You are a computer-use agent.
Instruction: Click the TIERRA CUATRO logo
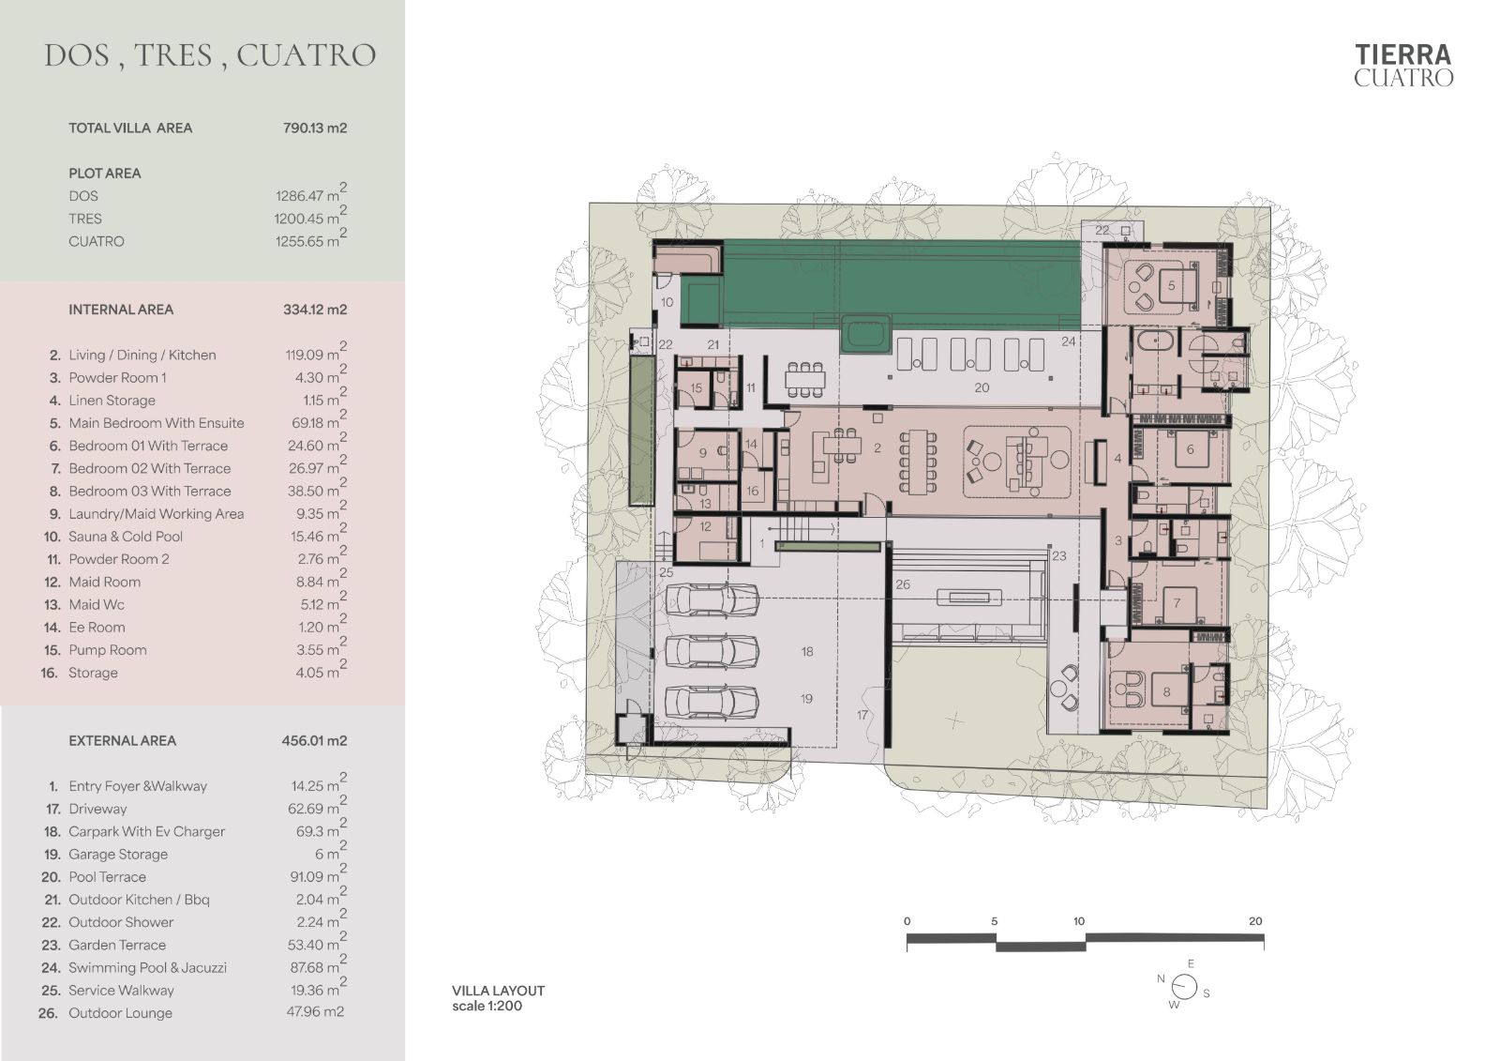point(1402,66)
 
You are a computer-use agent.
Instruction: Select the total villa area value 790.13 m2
point(315,128)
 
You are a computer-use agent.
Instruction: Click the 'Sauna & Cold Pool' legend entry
point(126,537)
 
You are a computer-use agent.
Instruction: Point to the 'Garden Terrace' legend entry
point(116,945)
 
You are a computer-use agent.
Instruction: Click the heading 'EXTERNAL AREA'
point(122,740)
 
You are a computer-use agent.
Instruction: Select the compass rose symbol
point(1184,987)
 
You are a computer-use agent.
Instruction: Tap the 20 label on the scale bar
point(1255,921)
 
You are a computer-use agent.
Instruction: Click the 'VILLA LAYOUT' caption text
point(498,990)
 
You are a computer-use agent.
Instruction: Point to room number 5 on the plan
point(1171,285)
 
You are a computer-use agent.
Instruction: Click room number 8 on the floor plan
point(1166,691)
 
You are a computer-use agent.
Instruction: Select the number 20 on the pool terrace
point(982,387)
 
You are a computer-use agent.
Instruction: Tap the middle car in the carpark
point(712,650)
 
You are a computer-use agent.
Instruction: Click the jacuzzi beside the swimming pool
point(866,334)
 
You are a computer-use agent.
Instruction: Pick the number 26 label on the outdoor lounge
point(903,584)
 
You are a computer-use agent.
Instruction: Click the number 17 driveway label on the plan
point(862,715)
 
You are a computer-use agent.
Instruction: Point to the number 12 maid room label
point(705,527)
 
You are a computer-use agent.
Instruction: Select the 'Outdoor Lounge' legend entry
point(120,1013)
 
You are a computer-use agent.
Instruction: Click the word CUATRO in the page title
point(306,55)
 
